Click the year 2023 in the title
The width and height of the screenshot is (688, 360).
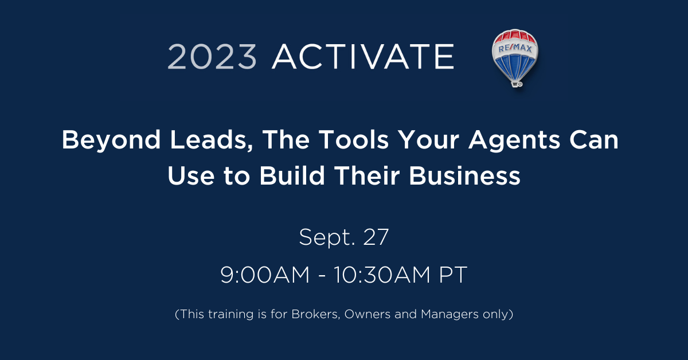point(212,57)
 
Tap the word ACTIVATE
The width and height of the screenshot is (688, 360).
point(363,57)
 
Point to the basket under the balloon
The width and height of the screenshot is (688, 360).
point(517,84)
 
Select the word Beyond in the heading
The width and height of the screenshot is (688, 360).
point(111,140)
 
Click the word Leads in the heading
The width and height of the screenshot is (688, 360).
point(212,140)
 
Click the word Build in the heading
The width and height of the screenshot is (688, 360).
point(292,175)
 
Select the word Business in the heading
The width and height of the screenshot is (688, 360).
point(465,175)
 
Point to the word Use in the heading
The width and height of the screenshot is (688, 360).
point(191,175)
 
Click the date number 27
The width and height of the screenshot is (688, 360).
point(376,237)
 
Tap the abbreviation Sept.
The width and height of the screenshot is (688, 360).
point(327,238)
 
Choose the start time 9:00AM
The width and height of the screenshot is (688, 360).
point(265,275)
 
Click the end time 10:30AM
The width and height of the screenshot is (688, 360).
point(382,275)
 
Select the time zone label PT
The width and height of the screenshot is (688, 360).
point(454,275)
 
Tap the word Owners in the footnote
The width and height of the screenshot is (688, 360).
point(368,314)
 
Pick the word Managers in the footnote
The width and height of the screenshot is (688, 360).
point(449,315)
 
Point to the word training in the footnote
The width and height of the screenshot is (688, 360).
point(230,315)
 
